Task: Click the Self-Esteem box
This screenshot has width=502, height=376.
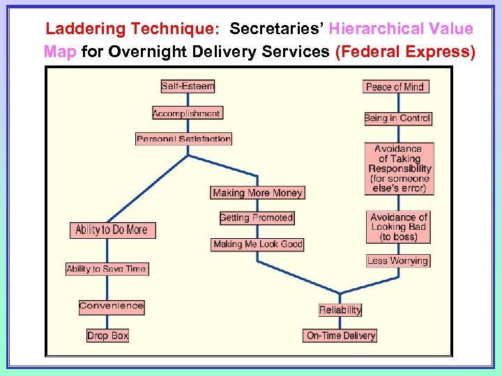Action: (x=188, y=86)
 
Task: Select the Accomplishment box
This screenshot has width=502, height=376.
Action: (x=186, y=113)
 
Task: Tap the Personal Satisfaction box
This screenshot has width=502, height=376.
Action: (x=183, y=139)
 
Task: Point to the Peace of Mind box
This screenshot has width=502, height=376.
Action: (x=395, y=86)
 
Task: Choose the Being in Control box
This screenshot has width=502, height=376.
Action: (x=397, y=118)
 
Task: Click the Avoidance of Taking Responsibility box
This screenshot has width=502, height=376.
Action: (x=400, y=169)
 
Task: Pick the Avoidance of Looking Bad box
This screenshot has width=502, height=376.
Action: (x=399, y=227)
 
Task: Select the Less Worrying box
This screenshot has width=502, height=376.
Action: (x=397, y=261)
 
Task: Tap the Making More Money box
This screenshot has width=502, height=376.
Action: (x=258, y=193)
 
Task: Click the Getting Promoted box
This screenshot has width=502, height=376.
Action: (x=256, y=218)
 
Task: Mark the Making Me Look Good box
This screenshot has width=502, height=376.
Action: (x=258, y=244)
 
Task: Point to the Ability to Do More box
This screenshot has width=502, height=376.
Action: (x=112, y=230)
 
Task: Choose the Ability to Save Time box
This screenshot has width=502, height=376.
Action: (x=107, y=269)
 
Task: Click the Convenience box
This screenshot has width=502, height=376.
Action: (x=112, y=306)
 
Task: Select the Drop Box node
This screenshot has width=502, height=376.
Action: (x=107, y=336)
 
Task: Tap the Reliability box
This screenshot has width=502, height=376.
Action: (x=340, y=310)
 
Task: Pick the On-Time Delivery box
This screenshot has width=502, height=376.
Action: (x=341, y=336)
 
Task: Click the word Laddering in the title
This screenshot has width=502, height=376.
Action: (x=86, y=29)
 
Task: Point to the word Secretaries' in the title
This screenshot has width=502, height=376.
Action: (x=277, y=29)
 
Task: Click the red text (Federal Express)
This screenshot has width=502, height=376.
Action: (x=405, y=52)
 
